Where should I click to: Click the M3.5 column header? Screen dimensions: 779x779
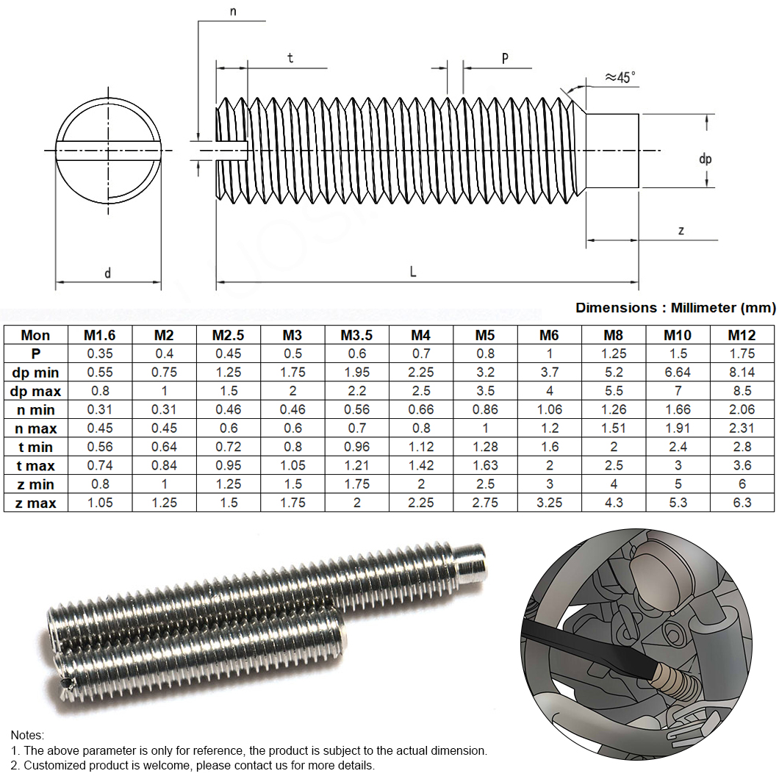[x=356, y=335]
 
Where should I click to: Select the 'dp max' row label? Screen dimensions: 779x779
[x=35, y=391]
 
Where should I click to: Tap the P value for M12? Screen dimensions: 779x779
[x=742, y=353]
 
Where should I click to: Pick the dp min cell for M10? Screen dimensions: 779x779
[x=678, y=372]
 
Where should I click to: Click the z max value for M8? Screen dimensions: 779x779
[x=614, y=503]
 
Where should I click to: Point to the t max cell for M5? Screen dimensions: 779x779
[x=485, y=465]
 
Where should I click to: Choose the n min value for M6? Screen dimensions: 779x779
[x=549, y=409]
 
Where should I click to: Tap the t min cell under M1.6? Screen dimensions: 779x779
[x=100, y=447]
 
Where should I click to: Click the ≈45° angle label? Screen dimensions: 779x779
[x=620, y=77]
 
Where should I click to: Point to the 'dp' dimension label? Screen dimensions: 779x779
[x=705, y=159]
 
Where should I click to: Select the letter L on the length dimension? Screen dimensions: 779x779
[x=413, y=271]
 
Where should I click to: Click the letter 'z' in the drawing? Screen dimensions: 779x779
[x=681, y=231]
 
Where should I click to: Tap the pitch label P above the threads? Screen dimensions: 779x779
[x=505, y=59]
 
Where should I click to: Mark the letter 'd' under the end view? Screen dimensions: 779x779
[x=108, y=273]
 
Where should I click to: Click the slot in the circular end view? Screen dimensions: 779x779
[x=108, y=151]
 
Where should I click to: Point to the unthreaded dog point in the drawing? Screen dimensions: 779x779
[x=613, y=151]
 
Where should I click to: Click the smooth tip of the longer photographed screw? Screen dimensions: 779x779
[x=470, y=564]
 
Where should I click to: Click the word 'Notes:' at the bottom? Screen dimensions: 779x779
[x=27, y=736]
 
